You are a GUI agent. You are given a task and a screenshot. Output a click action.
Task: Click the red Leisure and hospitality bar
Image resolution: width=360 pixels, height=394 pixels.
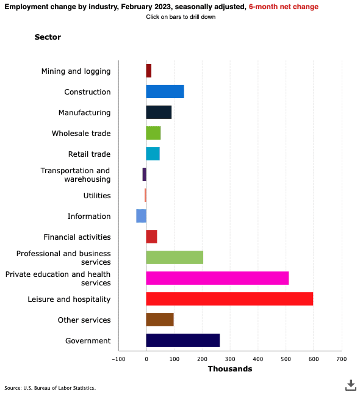click(x=229, y=299)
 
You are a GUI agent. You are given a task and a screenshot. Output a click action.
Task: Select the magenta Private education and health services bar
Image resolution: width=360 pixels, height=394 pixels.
click(x=217, y=278)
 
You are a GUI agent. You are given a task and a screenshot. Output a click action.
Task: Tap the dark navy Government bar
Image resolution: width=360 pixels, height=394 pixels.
click(x=183, y=340)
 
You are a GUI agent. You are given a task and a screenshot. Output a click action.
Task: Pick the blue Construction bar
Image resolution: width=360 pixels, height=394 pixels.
click(x=165, y=91)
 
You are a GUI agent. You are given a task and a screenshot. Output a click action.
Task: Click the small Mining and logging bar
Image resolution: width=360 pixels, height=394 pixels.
click(x=148, y=71)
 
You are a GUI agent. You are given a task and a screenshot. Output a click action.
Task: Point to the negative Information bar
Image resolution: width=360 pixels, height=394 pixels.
click(x=142, y=216)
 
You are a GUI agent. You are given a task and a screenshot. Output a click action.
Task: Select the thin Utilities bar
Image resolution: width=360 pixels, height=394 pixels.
click(x=145, y=195)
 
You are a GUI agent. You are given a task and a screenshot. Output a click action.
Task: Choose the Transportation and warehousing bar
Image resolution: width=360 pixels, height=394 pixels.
click(x=144, y=174)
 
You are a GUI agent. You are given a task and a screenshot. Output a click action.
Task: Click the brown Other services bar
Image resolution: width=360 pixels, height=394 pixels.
click(x=160, y=320)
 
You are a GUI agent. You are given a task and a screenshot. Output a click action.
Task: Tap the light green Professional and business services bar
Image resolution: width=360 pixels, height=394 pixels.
click(x=175, y=257)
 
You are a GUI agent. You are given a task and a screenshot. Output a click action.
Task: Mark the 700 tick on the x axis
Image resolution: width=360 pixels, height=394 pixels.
click(x=342, y=359)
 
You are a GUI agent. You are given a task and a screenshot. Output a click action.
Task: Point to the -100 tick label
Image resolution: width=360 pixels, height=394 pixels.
click(x=118, y=359)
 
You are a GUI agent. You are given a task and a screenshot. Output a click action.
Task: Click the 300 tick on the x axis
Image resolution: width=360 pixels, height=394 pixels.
click(x=230, y=359)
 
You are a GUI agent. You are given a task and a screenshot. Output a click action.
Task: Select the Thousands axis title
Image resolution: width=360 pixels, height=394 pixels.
click(x=230, y=368)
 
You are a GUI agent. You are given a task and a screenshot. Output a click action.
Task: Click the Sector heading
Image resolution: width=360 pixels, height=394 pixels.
click(x=48, y=37)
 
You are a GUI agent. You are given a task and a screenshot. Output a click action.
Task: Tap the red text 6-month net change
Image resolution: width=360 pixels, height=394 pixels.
click(x=284, y=7)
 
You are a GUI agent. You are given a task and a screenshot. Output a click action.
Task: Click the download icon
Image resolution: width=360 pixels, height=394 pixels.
click(x=351, y=385)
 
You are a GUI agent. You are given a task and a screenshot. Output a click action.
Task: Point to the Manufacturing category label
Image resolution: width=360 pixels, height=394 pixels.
click(x=84, y=113)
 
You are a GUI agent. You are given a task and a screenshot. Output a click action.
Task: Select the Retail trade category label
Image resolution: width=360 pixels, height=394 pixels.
click(x=89, y=154)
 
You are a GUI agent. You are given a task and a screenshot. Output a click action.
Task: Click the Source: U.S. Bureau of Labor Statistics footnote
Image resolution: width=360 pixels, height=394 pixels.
click(x=50, y=388)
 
